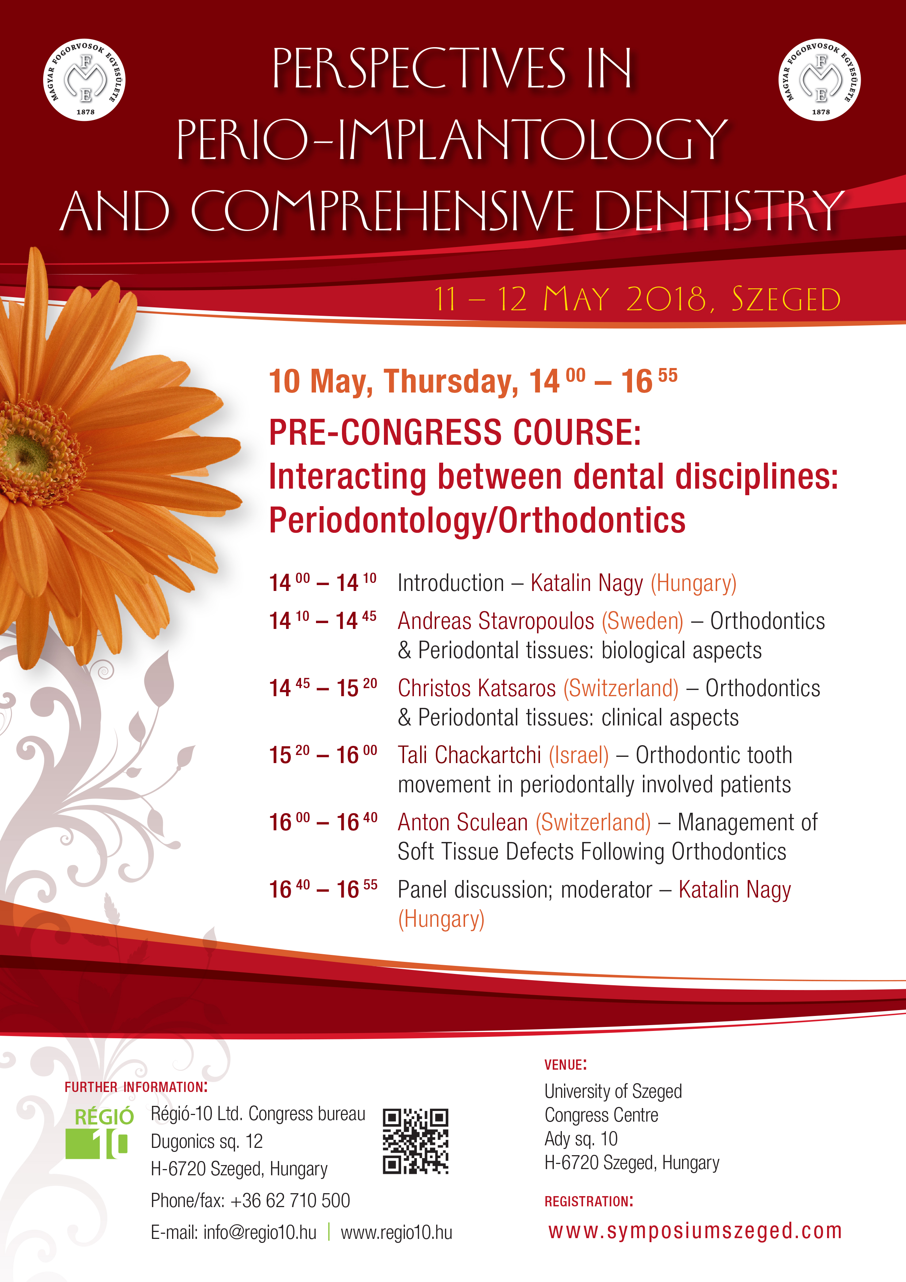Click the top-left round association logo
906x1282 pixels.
click(x=84, y=80)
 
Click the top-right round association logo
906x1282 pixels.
click(x=819, y=80)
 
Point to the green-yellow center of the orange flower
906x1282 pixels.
click(x=25, y=451)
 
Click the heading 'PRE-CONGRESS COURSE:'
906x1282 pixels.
click(x=455, y=432)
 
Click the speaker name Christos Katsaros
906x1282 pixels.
click(x=477, y=689)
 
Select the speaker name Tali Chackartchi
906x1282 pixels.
click(x=469, y=755)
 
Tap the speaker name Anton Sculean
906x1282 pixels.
click(x=463, y=823)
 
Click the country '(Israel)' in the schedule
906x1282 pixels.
click(x=579, y=755)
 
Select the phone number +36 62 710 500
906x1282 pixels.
click(x=290, y=1200)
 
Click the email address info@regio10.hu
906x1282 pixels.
click(x=260, y=1232)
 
